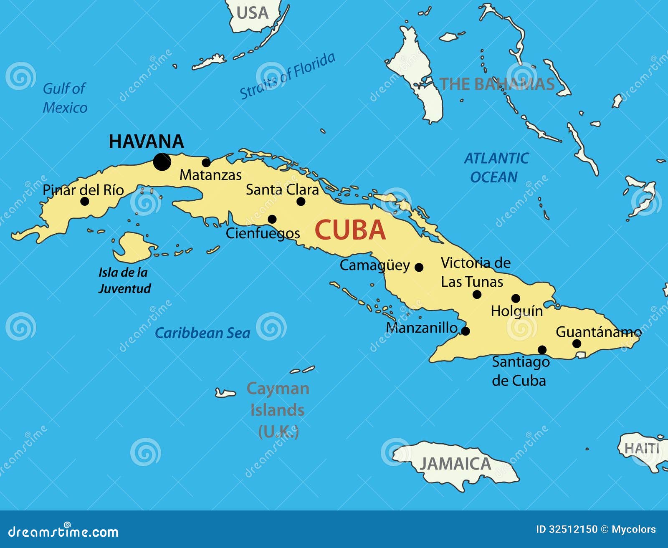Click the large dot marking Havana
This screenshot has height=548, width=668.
[162, 162]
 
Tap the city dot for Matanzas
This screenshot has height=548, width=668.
[206, 162]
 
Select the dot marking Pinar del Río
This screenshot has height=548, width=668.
[85, 201]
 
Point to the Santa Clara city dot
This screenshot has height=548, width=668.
[301, 202]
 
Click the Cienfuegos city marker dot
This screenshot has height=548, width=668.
[272, 219]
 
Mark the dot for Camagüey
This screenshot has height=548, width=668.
[419, 267]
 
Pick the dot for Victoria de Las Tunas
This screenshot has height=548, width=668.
[477, 294]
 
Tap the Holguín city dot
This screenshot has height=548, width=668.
[516, 298]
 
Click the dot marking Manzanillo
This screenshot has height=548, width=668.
[466, 331]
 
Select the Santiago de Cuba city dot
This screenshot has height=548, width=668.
[542, 349]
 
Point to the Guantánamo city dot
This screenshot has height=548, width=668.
[577, 343]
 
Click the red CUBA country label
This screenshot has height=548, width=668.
[350, 230]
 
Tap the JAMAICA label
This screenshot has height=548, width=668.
[455, 464]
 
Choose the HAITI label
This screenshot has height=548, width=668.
[642, 449]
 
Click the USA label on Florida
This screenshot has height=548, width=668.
[252, 13]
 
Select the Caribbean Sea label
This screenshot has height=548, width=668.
[202, 333]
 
